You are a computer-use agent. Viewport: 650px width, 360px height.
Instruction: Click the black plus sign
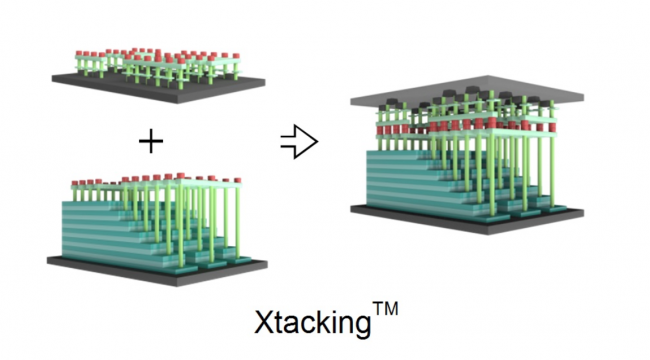pyautogui.click(x=151, y=141)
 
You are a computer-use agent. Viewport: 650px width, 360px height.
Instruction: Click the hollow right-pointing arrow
pyautogui.click(x=299, y=141)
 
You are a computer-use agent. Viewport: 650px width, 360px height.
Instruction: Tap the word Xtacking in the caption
pyautogui.click(x=313, y=322)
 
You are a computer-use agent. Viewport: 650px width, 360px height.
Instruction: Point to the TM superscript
pyautogui.click(x=385, y=309)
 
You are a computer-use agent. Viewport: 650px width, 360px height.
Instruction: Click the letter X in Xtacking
pyautogui.click(x=263, y=321)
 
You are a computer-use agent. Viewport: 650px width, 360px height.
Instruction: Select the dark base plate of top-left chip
pyautogui.click(x=159, y=86)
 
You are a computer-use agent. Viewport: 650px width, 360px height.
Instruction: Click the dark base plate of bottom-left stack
pyautogui.click(x=158, y=270)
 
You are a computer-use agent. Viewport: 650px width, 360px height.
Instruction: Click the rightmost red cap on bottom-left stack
pyautogui.click(x=238, y=180)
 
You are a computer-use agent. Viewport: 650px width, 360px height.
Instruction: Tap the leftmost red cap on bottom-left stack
pyautogui.click(x=75, y=182)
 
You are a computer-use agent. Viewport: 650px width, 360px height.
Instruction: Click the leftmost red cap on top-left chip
pyautogui.click(x=79, y=54)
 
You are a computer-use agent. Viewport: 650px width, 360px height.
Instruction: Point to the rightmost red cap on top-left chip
pyautogui.click(x=236, y=56)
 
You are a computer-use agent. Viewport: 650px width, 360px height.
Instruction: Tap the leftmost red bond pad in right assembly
pyautogui.click(x=380, y=130)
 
